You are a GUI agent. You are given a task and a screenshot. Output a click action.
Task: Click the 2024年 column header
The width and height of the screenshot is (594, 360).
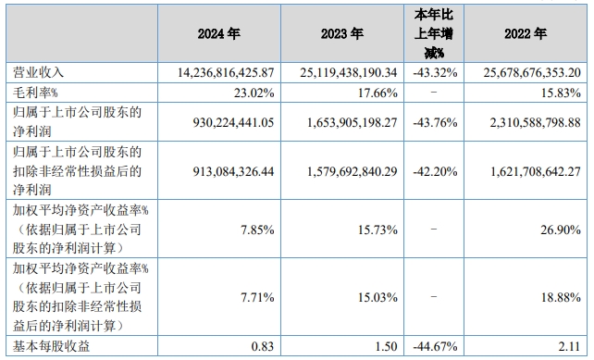[219, 32]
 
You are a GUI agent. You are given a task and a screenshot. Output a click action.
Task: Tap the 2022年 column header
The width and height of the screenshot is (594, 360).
[526, 32]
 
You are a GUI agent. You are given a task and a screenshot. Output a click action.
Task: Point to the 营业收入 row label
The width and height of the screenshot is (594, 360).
[36, 71]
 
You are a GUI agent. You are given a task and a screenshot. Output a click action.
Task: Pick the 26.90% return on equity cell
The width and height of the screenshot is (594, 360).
[559, 229]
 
